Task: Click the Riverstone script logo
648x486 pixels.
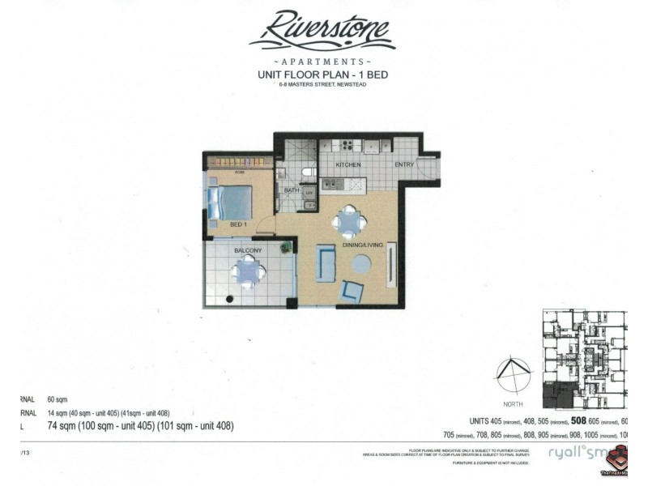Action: [x=322, y=31]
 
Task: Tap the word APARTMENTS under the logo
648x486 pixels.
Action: [x=322, y=61]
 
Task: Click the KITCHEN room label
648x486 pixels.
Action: [x=349, y=164]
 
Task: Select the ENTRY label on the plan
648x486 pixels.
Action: [x=405, y=164]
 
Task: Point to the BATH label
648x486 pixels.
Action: [x=291, y=190]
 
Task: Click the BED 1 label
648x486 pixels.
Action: [x=237, y=223]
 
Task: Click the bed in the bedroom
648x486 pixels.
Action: [x=230, y=202]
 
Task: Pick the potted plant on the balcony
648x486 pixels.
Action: [x=286, y=248]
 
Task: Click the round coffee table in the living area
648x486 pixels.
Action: [x=361, y=264]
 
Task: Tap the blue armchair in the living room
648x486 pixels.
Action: [x=353, y=290]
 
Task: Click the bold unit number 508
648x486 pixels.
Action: [x=579, y=420]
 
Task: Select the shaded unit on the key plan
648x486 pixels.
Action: [x=560, y=397]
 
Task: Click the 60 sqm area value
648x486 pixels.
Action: [x=58, y=400]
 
